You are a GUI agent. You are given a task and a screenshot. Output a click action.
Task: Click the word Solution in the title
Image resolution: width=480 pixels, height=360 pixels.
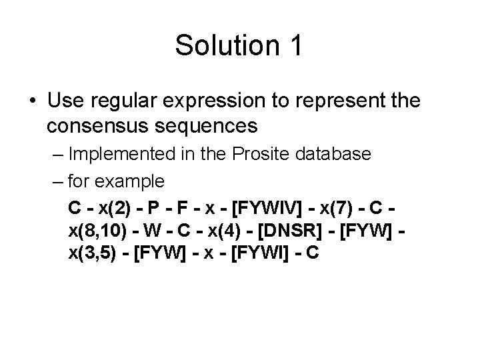pyautogui.click(x=219, y=46)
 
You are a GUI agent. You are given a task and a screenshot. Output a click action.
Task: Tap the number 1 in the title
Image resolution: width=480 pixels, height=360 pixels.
pyautogui.click(x=295, y=46)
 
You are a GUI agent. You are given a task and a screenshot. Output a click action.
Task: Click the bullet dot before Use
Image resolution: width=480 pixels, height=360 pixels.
pyautogui.click(x=33, y=102)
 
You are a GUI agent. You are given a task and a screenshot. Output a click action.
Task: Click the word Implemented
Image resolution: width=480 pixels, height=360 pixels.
pyautogui.click(x=117, y=153)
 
